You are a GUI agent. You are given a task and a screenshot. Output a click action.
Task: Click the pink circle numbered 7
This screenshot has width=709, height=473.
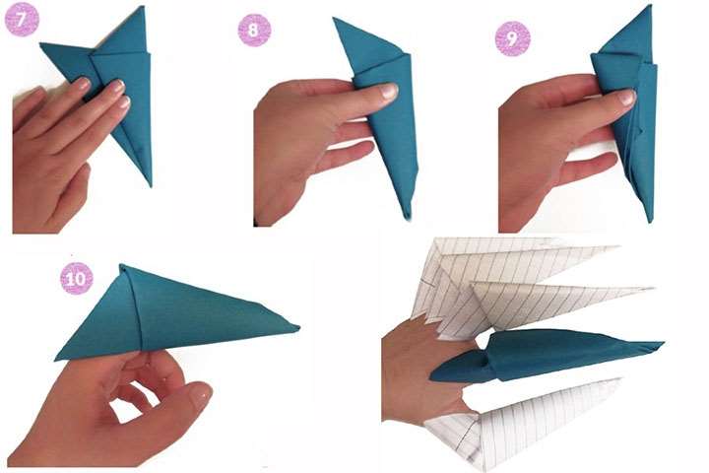pyautogui.click(x=22, y=19)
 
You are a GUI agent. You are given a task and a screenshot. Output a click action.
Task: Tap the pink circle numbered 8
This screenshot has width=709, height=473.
pyautogui.click(x=254, y=30)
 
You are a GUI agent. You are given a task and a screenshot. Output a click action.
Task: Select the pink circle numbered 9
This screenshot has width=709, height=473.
pyautogui.click(x=512, y=38)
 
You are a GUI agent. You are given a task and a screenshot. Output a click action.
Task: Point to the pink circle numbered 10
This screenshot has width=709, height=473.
pyautogui.click(x=77, y=278)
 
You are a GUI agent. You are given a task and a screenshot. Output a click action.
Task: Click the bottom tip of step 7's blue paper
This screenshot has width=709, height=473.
pyautogui.click(x=150, y=185)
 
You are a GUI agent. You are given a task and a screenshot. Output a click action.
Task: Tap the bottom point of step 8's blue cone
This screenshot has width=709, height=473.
pyautogui.click(x=409, y=219)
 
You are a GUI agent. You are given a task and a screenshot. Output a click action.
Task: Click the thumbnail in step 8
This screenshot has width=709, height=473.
pyautogui.click(x=388, y=92)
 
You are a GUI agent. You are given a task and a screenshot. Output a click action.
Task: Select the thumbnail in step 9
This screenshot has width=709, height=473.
pyautogui.click(x=626, y=97)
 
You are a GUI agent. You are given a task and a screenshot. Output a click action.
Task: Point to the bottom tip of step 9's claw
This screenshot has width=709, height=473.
pyautogui.click(x=651, y=222)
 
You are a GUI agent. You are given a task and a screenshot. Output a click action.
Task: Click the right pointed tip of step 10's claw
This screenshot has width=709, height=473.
pyautogui.click(x=298, y=327)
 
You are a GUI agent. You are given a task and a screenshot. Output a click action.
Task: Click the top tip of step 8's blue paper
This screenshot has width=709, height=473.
pyautogui.click(x=334, y=19)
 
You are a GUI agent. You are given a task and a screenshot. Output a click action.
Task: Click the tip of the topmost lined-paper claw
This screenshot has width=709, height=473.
pyautogui.click(x=616, y=247)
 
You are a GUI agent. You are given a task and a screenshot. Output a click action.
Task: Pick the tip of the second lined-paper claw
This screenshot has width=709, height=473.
pyautogui.click(x=652, y=288)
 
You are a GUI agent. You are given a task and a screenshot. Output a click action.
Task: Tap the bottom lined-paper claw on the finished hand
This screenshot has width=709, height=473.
pyautogui.click(x=525, y=421)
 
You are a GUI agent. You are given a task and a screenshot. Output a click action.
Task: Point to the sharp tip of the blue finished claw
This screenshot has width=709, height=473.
pyautogui.click(x=663, y=344)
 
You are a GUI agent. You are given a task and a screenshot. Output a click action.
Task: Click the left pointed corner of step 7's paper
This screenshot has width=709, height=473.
pyautogui.click(x=41, y=44)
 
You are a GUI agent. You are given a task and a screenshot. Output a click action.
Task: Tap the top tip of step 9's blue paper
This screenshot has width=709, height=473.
pyautogui.click(x=650, y=6)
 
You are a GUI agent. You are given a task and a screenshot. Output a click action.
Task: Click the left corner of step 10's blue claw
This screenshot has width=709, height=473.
pyautogui.click(x=56, y=360)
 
